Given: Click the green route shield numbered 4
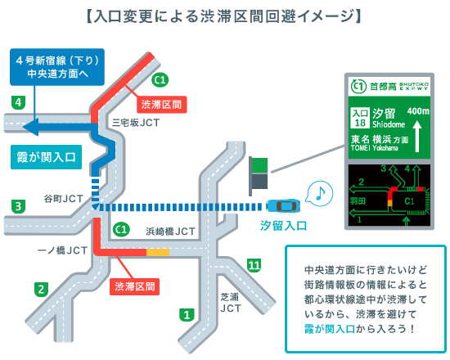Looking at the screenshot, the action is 18,102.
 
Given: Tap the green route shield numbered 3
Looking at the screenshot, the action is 18,206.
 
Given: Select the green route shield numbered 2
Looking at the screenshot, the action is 42,290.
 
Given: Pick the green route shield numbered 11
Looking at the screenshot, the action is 254,265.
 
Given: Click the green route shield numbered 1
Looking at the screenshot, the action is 187,315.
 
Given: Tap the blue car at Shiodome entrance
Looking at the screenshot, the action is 284,205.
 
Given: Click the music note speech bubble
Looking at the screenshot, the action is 320,194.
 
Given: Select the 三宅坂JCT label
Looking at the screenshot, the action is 136,123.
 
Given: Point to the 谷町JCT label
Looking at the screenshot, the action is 64,199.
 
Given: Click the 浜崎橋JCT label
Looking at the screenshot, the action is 170,232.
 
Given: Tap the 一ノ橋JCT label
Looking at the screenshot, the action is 62,250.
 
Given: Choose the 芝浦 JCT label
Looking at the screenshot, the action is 231,303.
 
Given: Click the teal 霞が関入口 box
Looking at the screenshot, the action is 46,157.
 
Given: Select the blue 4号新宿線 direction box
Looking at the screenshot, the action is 57,67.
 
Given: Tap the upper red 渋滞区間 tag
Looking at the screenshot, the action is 162,105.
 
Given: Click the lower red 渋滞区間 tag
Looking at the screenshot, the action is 135,287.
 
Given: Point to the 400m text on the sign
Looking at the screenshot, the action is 418,111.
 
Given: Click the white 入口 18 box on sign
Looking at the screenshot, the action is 360,118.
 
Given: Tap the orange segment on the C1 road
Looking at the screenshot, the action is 158,253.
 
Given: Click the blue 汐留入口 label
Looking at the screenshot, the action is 284,226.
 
